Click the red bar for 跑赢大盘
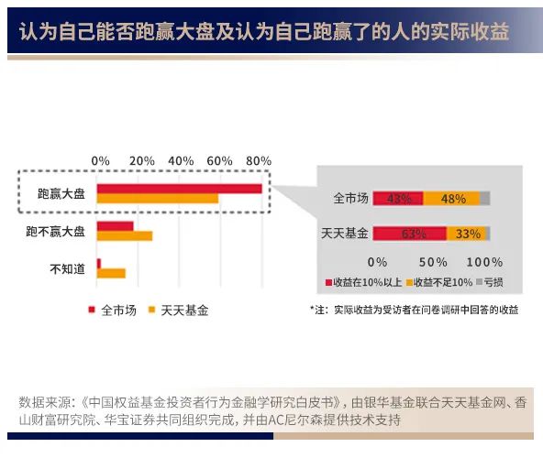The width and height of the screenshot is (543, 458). [x=179, y=189]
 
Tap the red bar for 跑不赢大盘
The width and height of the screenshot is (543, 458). [x=116, y=225]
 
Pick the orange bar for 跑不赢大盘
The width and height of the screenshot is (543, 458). [x=125, y=235]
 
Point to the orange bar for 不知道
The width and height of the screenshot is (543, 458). [x=111, y=273]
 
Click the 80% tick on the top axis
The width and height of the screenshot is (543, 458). [x=260, y=161]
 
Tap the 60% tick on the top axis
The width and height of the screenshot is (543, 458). [x=220, y=161]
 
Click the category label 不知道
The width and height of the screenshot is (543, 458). [x=66, y=268]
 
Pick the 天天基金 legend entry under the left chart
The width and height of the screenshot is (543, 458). [x=178, y=310]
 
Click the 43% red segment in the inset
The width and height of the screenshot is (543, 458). [x=398, y=198]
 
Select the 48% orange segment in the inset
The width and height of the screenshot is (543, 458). [x=451, y=198]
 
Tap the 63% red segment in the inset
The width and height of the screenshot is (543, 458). [x=410, y=234]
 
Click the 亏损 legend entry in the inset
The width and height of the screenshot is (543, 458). [x=489, y=281]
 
